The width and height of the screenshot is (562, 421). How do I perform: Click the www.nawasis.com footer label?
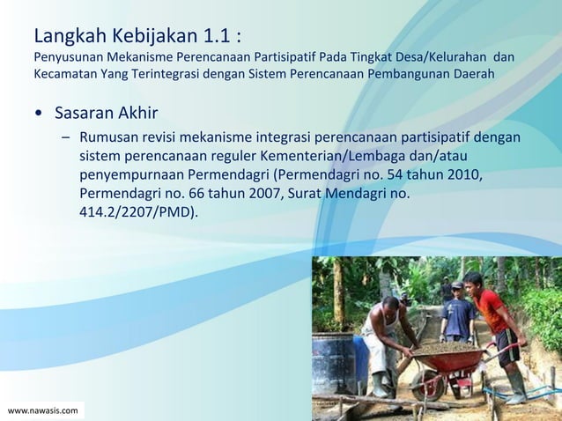[x=42, y=410]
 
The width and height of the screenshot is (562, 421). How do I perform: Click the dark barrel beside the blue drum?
[x=331, y=363]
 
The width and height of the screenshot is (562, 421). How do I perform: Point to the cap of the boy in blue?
[x=456, y=286]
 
